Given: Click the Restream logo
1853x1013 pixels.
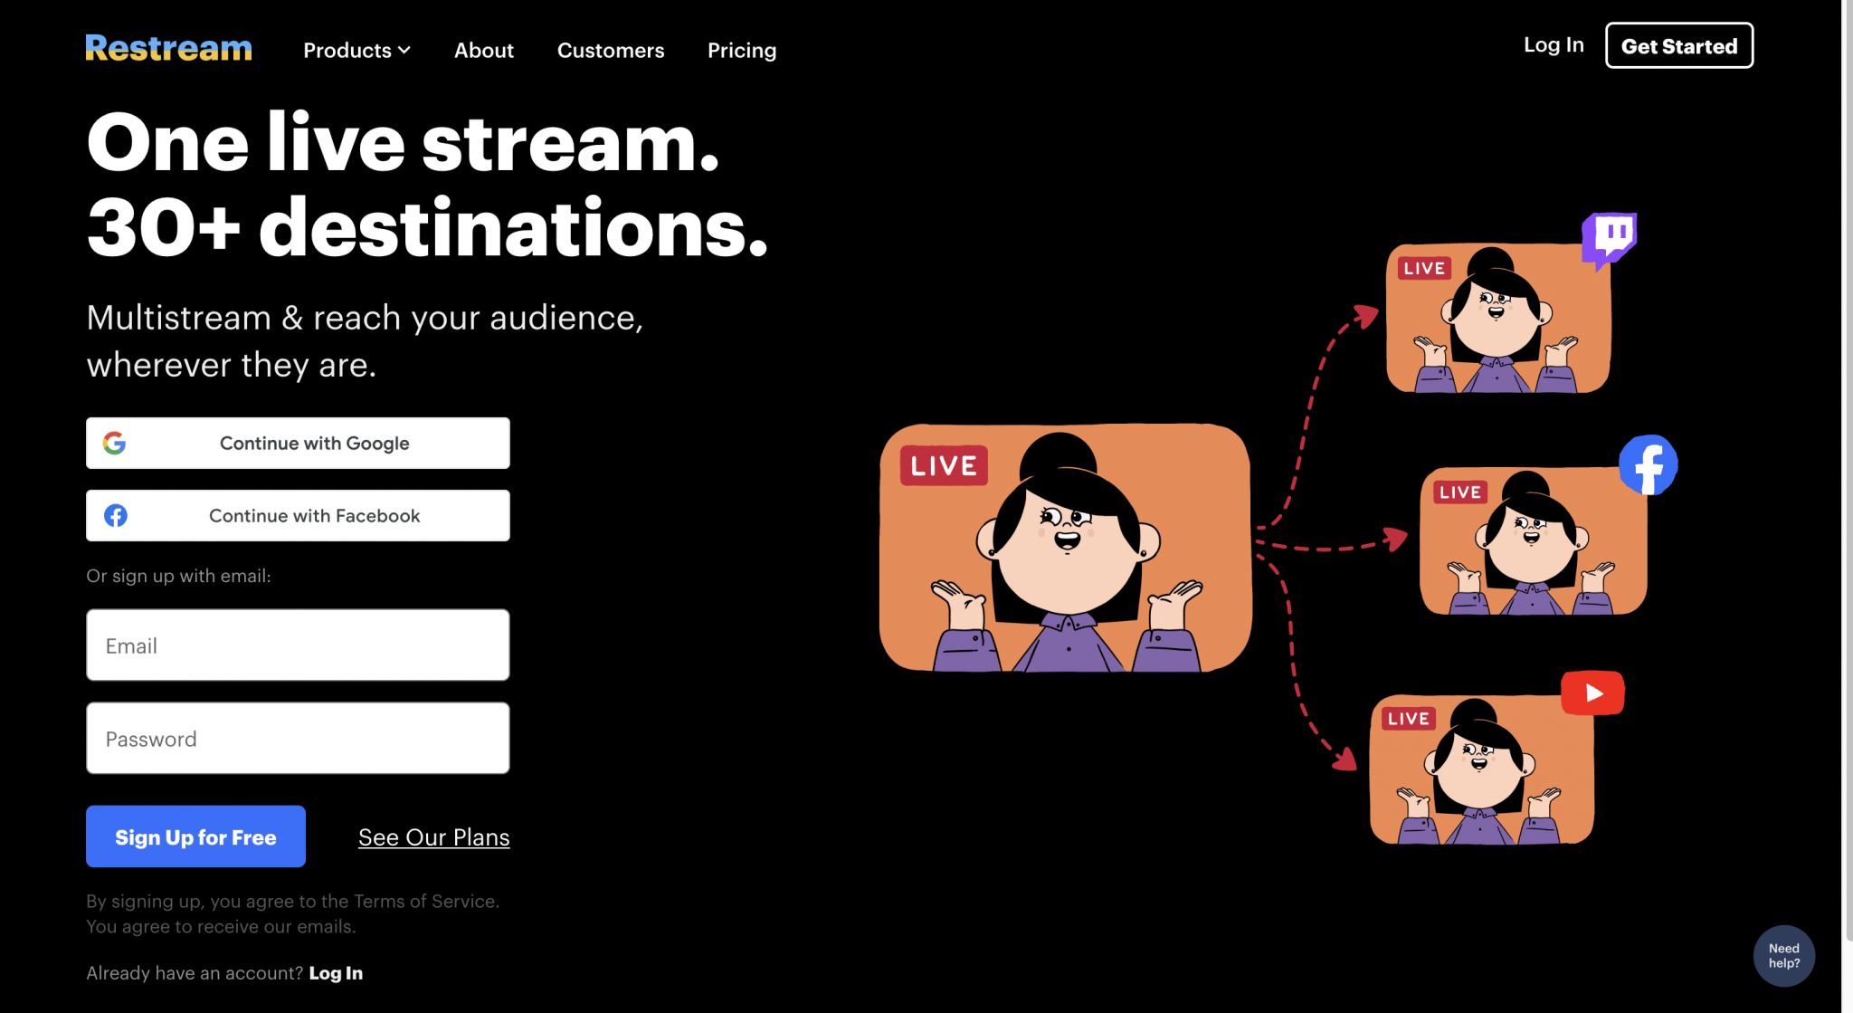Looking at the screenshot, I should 168,48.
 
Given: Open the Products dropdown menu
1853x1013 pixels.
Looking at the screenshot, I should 356,51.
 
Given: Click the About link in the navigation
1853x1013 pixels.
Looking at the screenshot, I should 483,51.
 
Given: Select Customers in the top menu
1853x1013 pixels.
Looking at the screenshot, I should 611,51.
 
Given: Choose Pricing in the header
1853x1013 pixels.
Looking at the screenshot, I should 742,51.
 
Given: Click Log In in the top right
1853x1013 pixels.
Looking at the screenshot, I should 1554,45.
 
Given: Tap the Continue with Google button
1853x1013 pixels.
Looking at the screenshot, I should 298,443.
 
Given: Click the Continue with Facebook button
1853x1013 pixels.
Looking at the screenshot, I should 298,515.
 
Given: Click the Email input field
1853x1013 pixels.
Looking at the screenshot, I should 298,645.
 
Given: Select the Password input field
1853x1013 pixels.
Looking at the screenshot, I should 298,738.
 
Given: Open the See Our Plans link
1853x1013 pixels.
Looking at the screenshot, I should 433,837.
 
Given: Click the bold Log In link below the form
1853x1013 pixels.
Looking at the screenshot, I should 336,973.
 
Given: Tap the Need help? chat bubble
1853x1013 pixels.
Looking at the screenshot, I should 1783,956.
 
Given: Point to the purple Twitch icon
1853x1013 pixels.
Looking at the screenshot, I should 1610,239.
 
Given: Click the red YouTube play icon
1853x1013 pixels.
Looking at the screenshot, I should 1592,693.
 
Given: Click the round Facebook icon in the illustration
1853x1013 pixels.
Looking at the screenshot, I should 1648,465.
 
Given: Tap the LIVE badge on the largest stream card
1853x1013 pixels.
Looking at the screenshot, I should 944,466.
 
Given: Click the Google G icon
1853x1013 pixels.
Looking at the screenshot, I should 115,443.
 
